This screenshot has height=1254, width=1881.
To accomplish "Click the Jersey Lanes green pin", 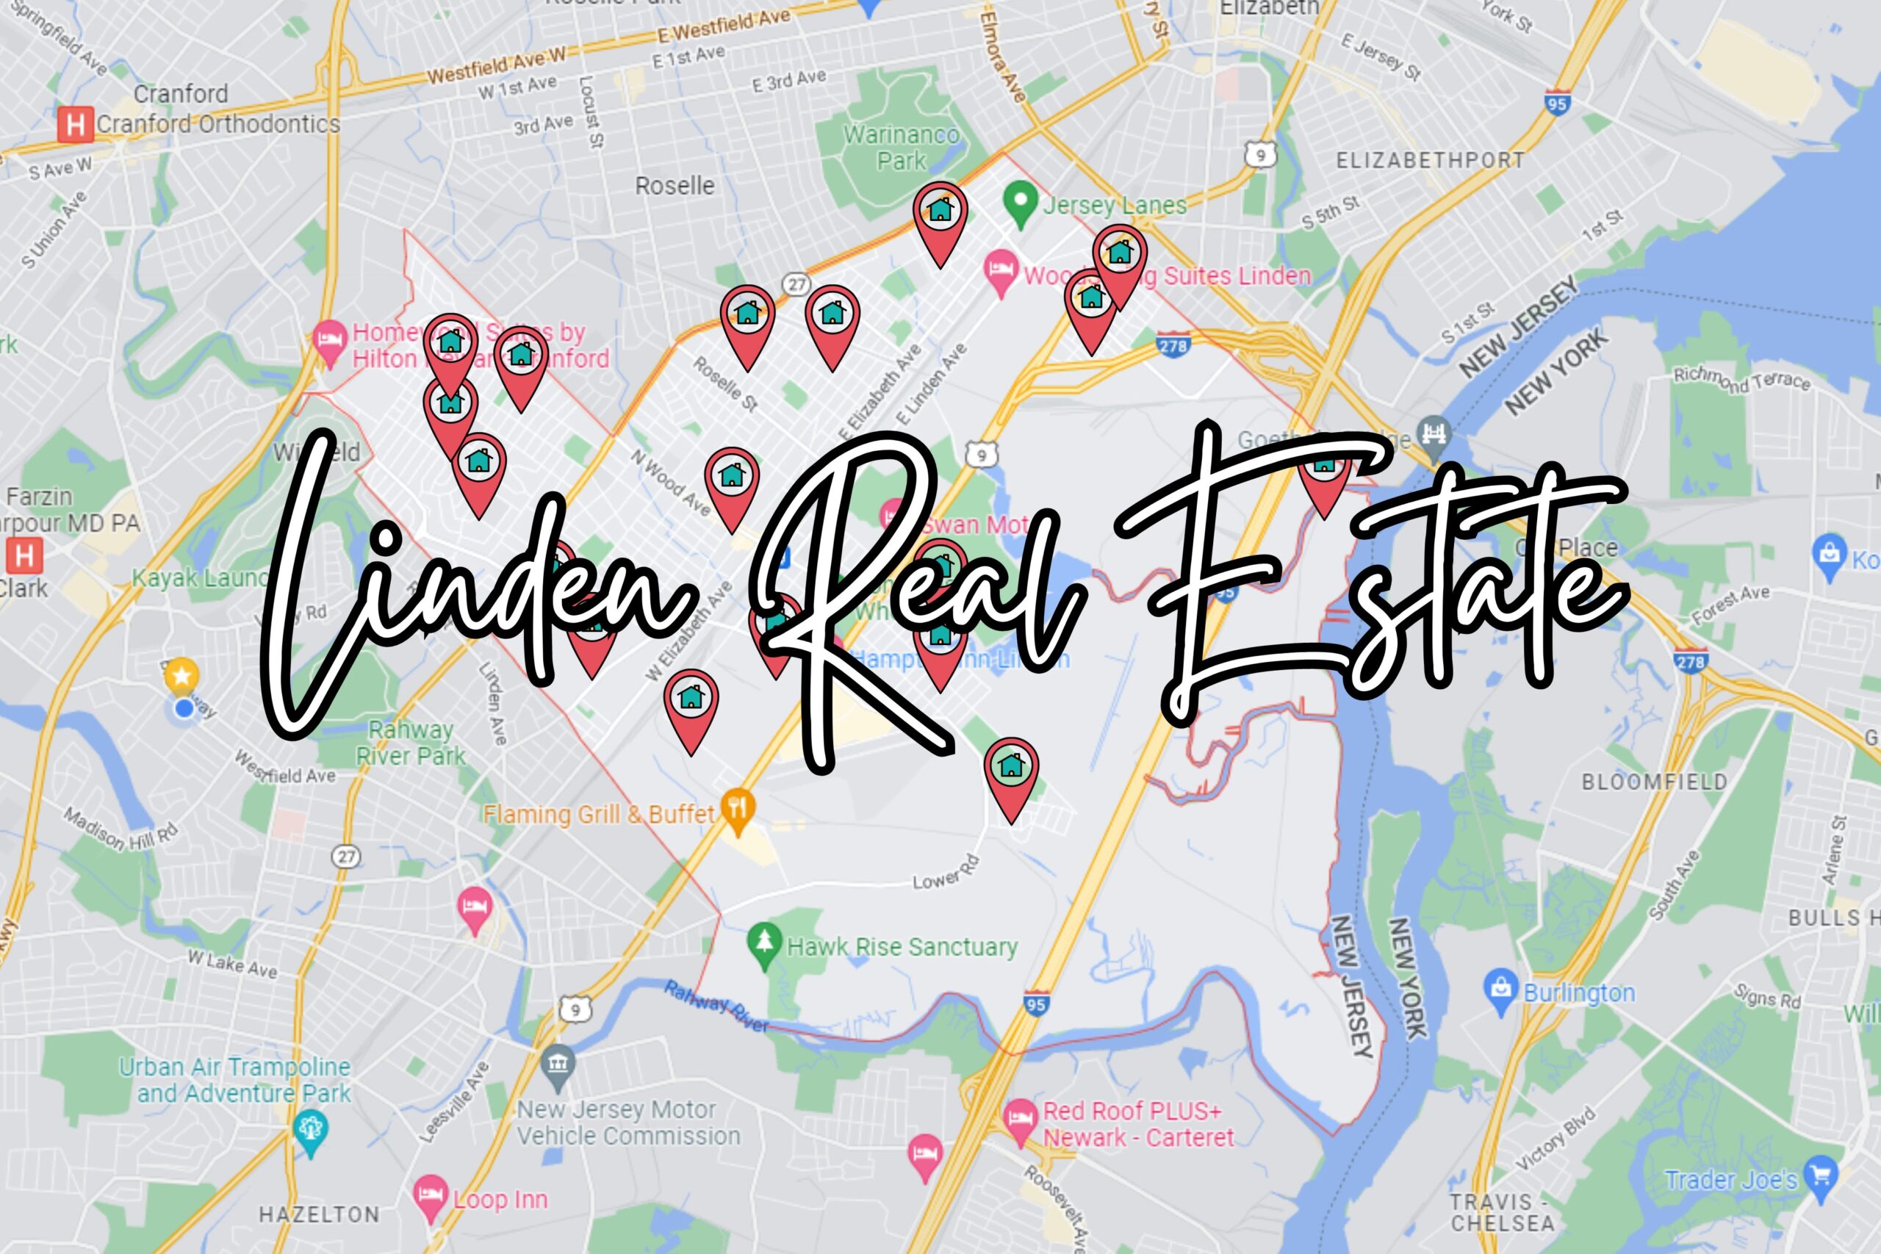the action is pos(1020,201).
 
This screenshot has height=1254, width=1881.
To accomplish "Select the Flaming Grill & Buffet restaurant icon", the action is pos(738,809).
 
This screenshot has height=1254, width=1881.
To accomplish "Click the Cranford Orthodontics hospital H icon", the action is pos(75,126).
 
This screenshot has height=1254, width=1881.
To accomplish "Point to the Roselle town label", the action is pos(675,187).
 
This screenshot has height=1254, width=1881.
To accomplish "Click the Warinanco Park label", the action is pos(902,148).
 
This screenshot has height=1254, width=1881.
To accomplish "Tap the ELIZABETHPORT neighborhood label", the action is pos(1430,161).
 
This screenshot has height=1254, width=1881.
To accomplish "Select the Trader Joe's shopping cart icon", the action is pos(1821,1175).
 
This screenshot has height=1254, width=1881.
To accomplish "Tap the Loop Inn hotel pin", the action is pos(431,1194).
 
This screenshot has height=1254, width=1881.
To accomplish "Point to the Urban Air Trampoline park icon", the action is pos(310,1130).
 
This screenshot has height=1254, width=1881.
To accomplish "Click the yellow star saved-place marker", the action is pos(181,677).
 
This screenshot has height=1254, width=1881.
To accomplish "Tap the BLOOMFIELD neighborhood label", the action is pos(1655,782).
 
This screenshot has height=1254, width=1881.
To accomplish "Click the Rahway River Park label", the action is pos(410,743).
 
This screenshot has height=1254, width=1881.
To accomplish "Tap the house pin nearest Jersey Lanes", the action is pos(940,212).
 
